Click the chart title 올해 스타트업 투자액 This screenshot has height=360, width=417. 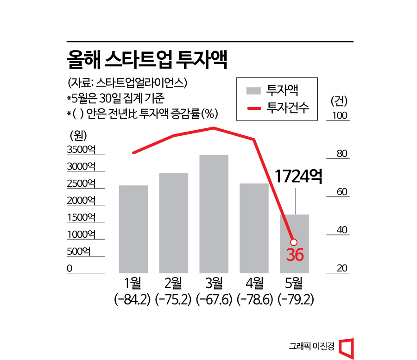pyautogui.click(x=147, y=60)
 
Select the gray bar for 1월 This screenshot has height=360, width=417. pyautogui.click(x=133, y=229)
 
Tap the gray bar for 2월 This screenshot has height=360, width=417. pyautogui.click(x=174, y=222)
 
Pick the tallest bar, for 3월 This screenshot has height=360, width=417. pyautogui.click(x=214, y=214)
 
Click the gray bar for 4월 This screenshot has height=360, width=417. pyautogui.click(x=254, y=228)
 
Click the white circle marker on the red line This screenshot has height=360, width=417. pyautogui.click(x=293, y=242)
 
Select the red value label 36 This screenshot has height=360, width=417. pyautogui.click(x=295, y=255)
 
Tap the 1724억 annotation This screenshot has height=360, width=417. pyautogui.click(x=298, y=177)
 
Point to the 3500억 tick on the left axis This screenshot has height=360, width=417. pyautogui.click(x=81, y=149)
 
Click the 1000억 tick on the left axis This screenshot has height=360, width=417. pyautogui.click(x=81, y=234)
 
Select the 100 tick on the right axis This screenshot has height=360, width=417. pyautogui.click(x=340, y=115)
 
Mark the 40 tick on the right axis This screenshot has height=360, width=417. pyautogui.click(x=341, y=230)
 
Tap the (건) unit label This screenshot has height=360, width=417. pyautogui.click(x=339, y=100)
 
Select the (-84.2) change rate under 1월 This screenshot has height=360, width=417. pyautogui.click(x=133, y=300)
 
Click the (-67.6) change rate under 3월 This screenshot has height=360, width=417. pyautogui.click(x=214, y=300)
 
